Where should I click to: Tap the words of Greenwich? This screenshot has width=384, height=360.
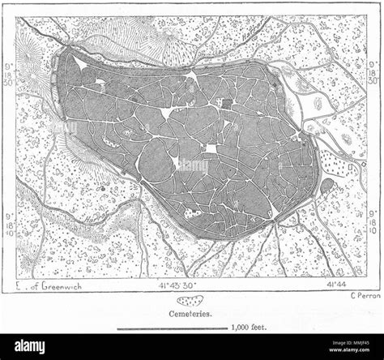[50, 285]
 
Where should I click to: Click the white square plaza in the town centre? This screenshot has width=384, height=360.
[211, 150]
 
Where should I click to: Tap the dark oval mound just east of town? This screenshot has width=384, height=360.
[326, 187]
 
